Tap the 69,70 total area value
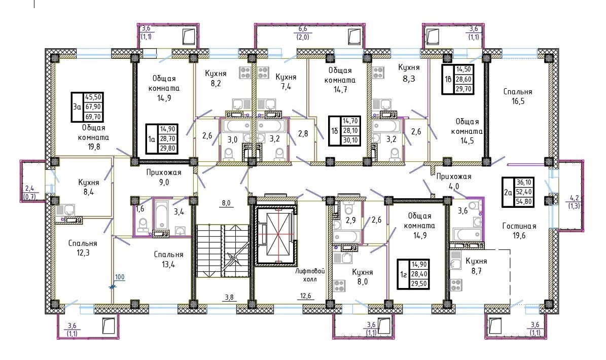point(93,116)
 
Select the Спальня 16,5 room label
point(517,96)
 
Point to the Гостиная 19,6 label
point(519,231)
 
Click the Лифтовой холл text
point(310,275)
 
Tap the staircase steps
point(222,250)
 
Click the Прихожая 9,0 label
point(164,177)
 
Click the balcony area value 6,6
point(303,29)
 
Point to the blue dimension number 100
point(120,277)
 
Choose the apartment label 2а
point(508,192)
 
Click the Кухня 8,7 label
point(476,266)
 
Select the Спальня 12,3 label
point(83,248)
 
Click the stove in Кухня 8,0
point(339,286)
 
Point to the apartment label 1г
point(403,274)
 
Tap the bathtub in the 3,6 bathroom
point(468,234)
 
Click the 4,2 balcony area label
point(574,198)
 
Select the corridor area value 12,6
point(305,296)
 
